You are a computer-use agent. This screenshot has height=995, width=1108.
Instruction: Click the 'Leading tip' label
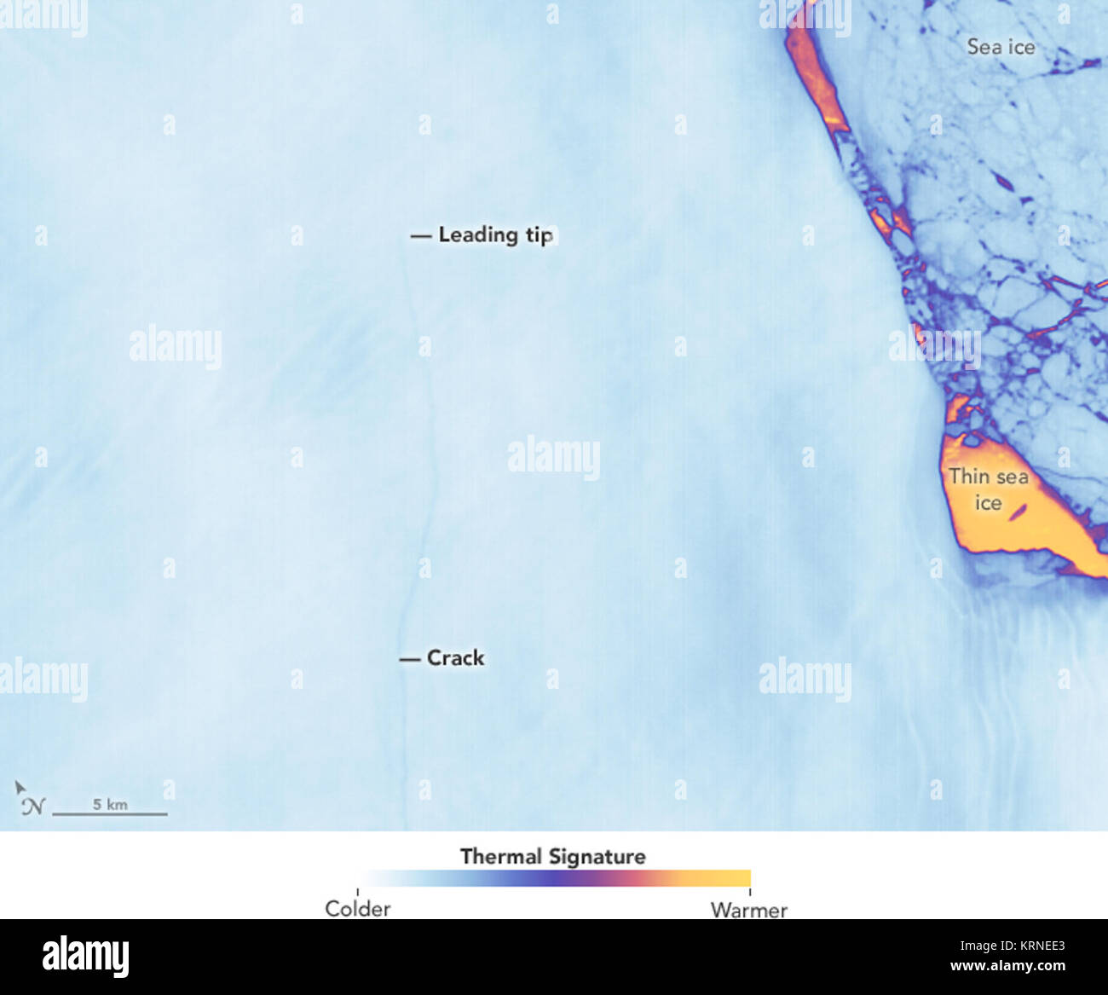[495, 234]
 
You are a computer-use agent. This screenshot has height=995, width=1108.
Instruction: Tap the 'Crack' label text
[455, 658]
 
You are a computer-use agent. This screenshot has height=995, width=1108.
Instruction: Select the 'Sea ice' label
[1001, 47]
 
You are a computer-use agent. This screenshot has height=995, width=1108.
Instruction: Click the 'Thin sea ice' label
[989, 489]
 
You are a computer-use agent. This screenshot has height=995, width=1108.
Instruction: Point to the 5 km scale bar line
[110, 814]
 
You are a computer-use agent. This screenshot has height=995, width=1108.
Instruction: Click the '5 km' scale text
[110, 804]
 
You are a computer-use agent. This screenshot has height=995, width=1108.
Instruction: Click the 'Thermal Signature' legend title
[552, 856]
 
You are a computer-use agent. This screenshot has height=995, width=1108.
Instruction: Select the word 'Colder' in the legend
[358, 909]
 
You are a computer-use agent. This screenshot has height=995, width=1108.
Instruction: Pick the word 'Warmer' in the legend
[748, 910]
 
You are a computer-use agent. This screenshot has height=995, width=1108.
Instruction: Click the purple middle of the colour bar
[554, 878]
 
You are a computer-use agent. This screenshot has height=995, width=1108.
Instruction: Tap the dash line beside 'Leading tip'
[421, 235]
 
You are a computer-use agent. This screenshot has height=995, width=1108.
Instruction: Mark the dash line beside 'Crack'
[410, 659]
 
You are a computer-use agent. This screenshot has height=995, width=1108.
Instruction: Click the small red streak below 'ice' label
[1019, 512]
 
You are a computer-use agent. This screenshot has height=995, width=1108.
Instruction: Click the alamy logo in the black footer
[85, 957]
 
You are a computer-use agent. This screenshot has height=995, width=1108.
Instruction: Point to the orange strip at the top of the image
[814, 68]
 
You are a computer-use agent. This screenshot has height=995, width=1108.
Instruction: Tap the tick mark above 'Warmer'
[750, 892]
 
